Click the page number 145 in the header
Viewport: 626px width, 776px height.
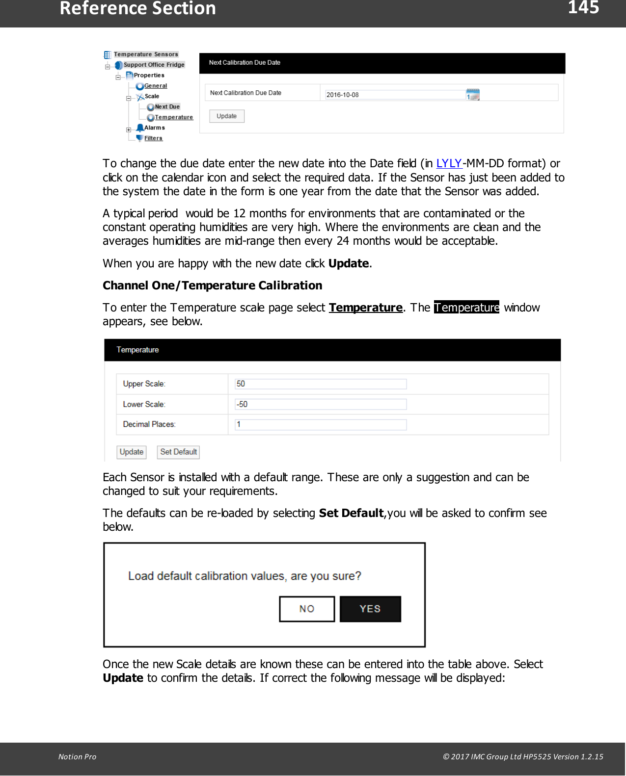coord(583,8)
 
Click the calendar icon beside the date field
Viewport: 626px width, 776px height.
coord(473,94)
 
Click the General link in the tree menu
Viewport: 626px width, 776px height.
coord(155,86)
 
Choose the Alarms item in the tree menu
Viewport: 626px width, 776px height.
coord(154,128)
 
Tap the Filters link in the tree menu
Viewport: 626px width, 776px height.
coord(153,138)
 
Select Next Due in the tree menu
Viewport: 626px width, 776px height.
coord(167,107)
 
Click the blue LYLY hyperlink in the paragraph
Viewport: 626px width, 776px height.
coord(449,163)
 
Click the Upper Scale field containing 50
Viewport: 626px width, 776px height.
coord(321,384)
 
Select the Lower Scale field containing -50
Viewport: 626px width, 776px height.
coord(321,404)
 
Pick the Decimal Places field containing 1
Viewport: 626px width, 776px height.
coord(321,424)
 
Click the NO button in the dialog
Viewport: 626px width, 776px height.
coord(307,609)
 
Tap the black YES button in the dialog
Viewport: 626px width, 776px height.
coord(370,609)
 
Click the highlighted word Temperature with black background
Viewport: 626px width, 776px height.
coord(466,308)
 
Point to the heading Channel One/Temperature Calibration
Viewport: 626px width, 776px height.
coord(212,285)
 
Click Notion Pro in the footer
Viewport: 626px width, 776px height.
coord(77,756)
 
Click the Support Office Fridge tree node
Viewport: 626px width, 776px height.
coord(154,65)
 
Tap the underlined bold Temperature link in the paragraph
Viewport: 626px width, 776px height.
coord(365,308)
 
